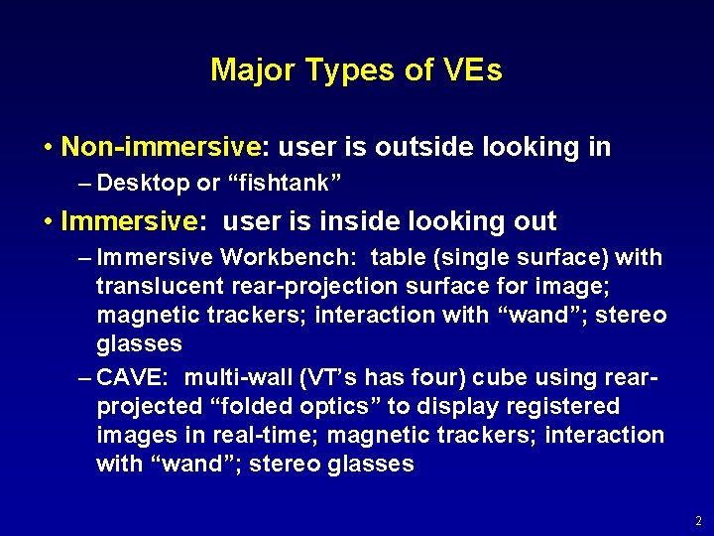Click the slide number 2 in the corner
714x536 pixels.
[x=698, y=520]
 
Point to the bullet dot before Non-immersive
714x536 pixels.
[x=49, y=148]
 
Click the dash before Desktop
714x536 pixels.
[x=84, y=184]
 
